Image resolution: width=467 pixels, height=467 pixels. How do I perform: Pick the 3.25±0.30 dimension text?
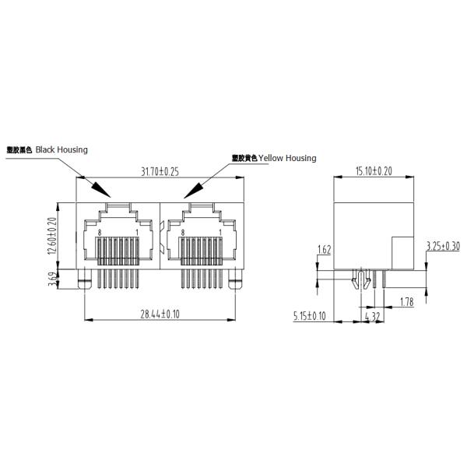point(443,247)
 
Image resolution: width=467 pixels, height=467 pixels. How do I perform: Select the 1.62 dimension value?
point(325,250)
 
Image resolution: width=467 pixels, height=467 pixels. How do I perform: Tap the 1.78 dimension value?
point(406,300)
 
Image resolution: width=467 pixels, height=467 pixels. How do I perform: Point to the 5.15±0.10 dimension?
point(309,316)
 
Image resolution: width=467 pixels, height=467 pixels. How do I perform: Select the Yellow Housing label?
point(274,158)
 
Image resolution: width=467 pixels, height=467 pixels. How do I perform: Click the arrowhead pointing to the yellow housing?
point(192,189)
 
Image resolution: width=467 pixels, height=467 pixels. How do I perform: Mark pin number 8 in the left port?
point(100,233)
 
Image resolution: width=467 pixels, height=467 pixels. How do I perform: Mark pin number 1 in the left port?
point(137,233)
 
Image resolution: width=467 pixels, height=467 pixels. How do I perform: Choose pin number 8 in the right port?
point(182,233)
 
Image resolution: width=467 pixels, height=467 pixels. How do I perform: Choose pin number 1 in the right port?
point(220,233)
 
